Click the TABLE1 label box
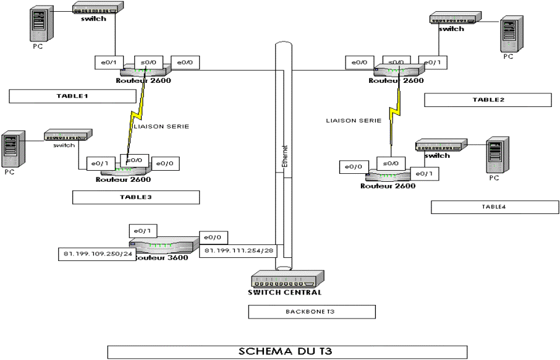[x=72, y=96]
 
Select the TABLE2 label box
[x=488, y=100]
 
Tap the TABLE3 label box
[x=136, y=197]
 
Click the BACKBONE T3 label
[x=312, y=312]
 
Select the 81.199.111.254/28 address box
[x=238, y=251]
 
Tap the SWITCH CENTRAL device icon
[x=287, y=279]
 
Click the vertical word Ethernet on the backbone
[x=284, y=157]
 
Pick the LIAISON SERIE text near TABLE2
[x=354, y=121]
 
